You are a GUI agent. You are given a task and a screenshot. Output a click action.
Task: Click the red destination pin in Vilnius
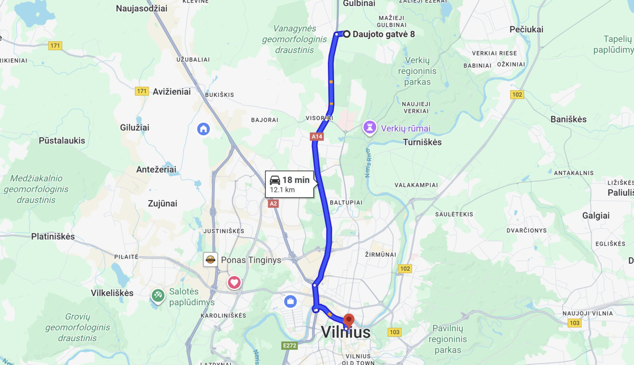[x=349, y=320]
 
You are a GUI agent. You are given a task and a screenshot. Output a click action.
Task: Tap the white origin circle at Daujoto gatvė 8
[x=347, y=34]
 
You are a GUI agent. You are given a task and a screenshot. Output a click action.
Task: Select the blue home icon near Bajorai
[x=203, y=129]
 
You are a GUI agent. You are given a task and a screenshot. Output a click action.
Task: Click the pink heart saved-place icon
[x=234, y=282]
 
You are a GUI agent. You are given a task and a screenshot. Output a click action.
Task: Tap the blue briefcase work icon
[x=290, y=301]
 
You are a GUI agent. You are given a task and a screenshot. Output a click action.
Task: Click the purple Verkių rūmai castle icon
[x=369, y=127]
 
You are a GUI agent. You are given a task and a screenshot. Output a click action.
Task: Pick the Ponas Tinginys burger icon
[x=210, y=259]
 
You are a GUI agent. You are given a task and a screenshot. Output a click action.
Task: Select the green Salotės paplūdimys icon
[x=158, y=295]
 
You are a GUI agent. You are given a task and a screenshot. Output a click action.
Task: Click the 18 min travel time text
[x=295, y=180]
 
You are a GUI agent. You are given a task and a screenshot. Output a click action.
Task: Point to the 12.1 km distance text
[x=282, y=190]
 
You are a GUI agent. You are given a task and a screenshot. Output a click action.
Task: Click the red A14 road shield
[x=317, y=137]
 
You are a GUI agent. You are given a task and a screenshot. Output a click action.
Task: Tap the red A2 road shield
[x=273, y=204]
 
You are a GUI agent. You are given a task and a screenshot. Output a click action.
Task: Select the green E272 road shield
[x=289, y=346]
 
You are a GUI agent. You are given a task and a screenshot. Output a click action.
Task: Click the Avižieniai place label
[x=171, y=92]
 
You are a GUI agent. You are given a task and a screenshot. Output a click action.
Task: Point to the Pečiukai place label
[x=526, y=29]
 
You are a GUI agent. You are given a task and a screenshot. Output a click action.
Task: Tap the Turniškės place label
[x=422, y=142]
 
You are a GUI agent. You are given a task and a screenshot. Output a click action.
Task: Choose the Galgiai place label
[x=596, y=216]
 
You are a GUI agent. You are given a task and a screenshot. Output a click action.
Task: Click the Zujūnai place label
[x=162, y=203]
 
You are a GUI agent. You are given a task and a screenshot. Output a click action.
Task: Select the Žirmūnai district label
[x=380, y=255]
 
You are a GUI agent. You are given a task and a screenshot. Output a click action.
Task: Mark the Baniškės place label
[x=568, y=120]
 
